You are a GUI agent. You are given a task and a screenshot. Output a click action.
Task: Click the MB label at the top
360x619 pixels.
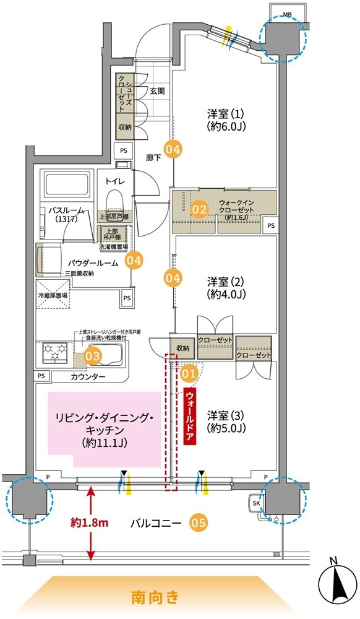coord(288,14)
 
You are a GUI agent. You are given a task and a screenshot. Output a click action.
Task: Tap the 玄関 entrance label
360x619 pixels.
coord(157,91)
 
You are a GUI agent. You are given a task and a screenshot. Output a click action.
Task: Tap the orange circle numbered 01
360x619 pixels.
coord(189,373)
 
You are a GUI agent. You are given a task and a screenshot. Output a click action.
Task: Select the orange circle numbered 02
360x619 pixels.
coord(199,210)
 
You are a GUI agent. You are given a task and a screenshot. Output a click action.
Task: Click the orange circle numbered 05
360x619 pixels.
coord(198,523)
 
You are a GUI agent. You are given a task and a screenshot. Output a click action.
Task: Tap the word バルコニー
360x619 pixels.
coord(156,524)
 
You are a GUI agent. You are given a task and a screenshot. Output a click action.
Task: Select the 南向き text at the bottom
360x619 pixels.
coord(155,597)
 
